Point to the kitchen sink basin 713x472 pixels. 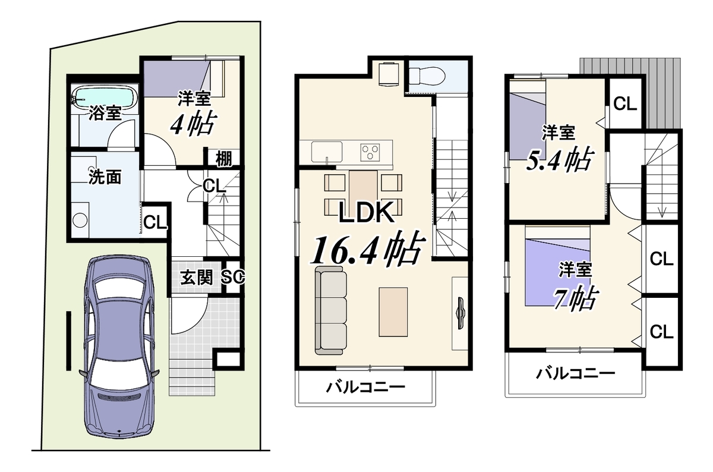tap(327, 152)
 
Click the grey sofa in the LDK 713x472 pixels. tap(331, 310)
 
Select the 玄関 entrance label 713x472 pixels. tap(197, 278)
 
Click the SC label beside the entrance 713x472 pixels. tap(233, 277)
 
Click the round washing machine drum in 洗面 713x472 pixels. tap(80, 220)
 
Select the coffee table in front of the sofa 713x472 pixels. tap(393, 312)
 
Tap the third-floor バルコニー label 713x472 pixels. tap(575, 374)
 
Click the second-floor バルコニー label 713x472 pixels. tap(365, 387)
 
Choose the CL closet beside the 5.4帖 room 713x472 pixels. tap(625, 103)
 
